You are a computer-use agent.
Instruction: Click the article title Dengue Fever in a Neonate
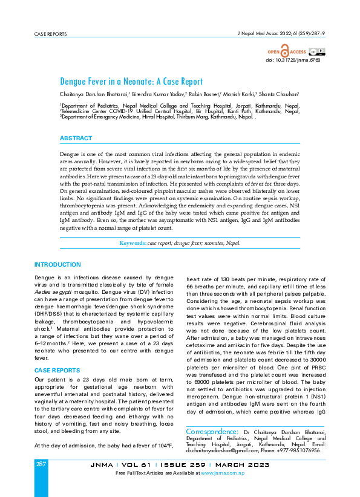pyautogui.click(x=131, y=81)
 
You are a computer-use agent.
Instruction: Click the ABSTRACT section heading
pyautogui.click(x=76, y=138)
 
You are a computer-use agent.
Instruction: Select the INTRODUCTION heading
pyautogui.click(x=57, y=265)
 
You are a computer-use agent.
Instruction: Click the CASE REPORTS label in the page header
pyautogui.click(x=51, y=34)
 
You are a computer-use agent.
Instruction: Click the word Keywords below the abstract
pyautogui.click(x=133, y=243)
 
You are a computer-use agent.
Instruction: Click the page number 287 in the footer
pyautogui.click(x=41, y=464)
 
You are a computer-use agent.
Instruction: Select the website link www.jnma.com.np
pyautogui.click(x=223, y=472)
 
